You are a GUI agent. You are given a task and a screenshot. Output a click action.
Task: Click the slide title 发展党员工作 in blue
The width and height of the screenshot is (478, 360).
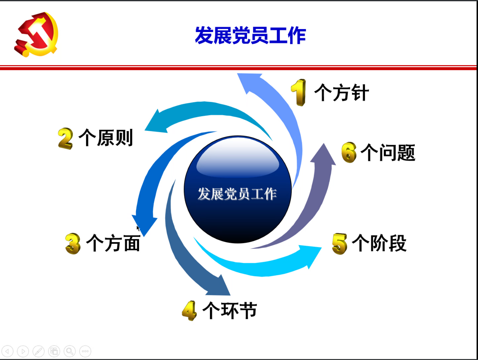pos(250,35)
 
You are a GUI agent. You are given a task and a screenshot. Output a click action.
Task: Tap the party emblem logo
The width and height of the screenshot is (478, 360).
pos(36,34)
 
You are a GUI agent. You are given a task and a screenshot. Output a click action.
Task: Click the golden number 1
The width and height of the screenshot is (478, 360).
pos(299,92)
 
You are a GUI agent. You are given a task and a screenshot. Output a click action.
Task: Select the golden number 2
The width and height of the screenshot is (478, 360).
pos(65,139)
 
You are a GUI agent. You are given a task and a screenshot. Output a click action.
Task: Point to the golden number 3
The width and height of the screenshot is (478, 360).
pos(73,244)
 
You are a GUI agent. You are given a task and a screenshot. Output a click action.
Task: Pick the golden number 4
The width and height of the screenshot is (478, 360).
pos(189,311)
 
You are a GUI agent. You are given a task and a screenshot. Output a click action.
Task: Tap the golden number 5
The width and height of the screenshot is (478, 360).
pos(340,244)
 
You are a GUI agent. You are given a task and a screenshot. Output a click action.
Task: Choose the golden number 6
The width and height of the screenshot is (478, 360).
pos(349,152)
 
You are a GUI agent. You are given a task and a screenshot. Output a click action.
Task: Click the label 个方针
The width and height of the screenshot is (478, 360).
pos(342,92)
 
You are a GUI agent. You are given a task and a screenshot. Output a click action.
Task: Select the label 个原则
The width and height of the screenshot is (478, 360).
pos(106,138)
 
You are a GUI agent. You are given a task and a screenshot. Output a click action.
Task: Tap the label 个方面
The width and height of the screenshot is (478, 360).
pos(113,243)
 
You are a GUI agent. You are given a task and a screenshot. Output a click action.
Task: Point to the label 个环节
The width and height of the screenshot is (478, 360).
pos(230,310)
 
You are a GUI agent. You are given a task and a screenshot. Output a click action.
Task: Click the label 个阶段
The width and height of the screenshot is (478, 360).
pos(379,243)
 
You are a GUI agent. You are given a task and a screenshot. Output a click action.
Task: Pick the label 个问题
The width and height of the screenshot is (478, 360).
pos(388,152)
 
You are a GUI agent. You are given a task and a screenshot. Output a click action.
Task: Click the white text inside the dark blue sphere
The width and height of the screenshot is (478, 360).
pos(237,194)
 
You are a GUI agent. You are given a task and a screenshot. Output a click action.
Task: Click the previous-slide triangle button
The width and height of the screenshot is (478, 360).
pos(7,351)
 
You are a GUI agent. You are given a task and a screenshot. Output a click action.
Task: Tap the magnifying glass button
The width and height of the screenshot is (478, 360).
pos(70,351)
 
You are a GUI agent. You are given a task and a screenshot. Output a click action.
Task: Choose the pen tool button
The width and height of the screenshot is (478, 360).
pos(39,351)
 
